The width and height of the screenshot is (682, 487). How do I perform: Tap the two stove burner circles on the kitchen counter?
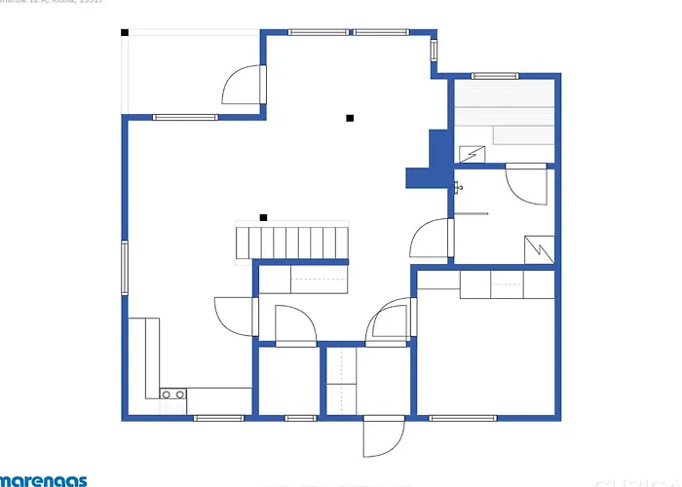173,394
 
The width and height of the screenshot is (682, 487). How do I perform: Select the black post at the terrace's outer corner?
125,32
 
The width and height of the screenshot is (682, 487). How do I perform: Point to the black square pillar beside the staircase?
263,216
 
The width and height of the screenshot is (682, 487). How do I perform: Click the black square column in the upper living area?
350,118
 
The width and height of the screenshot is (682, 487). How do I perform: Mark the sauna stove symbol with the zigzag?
471,154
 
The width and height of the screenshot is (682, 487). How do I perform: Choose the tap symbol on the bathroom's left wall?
458,186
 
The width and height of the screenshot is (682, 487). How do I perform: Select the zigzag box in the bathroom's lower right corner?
537,248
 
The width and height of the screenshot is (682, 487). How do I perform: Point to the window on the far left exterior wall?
124,267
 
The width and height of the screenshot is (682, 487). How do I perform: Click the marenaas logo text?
44,480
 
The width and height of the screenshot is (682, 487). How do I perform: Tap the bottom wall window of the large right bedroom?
462,419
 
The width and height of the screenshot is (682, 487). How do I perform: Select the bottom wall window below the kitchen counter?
218,419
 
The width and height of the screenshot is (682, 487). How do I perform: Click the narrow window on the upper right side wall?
435,58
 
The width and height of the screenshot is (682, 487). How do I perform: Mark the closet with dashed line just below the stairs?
303,280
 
